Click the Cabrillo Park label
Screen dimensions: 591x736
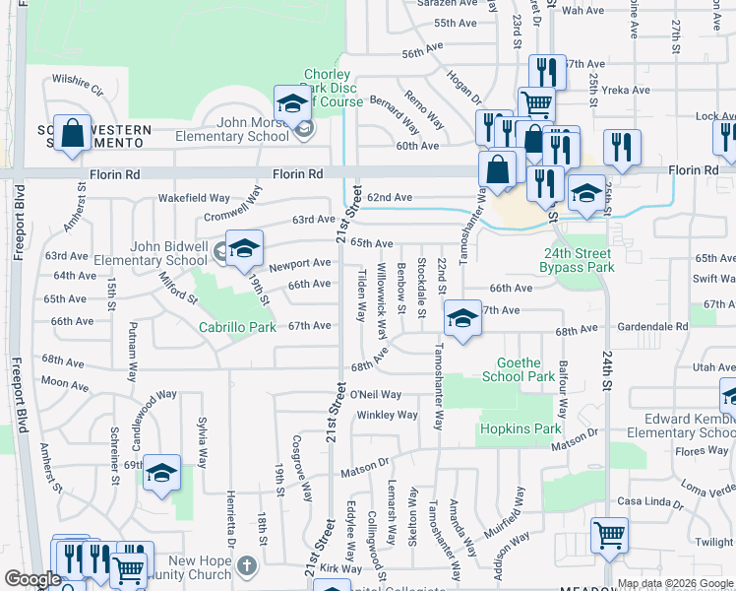coord(237,327)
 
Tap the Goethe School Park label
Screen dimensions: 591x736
coord(519,369)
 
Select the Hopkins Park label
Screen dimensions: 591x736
coord(520,428)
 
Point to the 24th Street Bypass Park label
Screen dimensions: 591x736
coord(578,260)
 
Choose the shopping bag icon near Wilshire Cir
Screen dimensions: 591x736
coord(72,134)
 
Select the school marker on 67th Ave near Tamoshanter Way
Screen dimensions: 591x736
coord(462,318)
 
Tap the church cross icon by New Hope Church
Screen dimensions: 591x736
coord(246,565)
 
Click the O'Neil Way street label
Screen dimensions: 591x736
coord(376,395)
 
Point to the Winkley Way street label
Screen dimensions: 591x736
coord(388,415)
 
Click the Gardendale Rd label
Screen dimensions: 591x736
coord(653,327)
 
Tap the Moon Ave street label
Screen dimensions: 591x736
coord(66,383)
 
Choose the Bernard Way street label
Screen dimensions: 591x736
coord(395,114)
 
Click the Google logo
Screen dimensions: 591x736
coord(33,579)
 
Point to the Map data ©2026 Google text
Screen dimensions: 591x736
coord(674,583)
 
